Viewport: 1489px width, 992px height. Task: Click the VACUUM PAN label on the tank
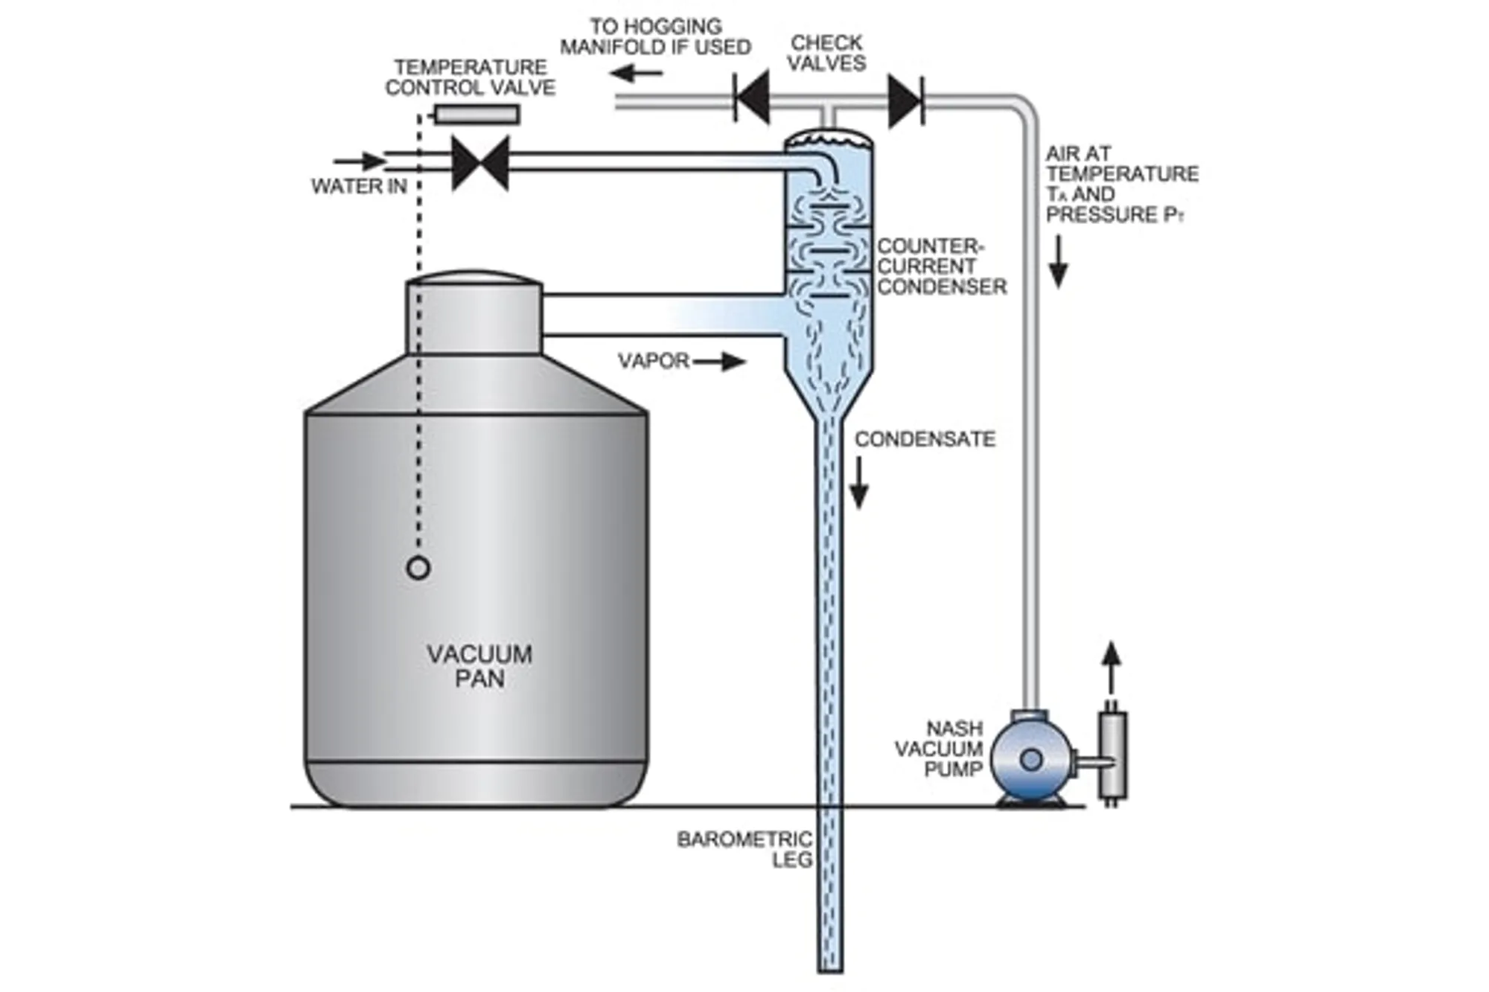[x=479, y=666]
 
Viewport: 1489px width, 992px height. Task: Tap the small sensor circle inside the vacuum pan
[x=418, y=568]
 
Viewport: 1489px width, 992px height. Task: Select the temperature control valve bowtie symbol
[x=480, y=162]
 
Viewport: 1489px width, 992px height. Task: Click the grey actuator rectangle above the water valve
[x=476, y=114]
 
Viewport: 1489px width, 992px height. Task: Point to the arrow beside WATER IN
[x=360, y=161]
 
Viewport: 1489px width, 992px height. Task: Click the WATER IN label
[x=359, y=186]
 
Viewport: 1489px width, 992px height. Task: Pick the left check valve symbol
[x=752, y=97]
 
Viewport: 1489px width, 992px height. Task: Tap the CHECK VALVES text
[x=826, y=53]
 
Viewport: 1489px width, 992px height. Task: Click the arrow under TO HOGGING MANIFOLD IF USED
[x=637, y=73]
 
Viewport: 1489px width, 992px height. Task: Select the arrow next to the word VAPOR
[x=719, y=362]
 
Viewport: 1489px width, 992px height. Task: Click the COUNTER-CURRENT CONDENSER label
[x=941, y=266]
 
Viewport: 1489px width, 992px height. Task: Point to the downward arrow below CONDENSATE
[x=859, y=483]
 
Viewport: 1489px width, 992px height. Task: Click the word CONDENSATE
[x=925, y=439]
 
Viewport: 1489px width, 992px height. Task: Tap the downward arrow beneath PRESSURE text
[x=1058, y=262]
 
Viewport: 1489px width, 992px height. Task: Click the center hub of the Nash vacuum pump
[x=1031, y=760]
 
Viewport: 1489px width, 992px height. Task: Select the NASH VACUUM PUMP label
[x=940, y=749]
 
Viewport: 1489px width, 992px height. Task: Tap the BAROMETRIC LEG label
[x=744, y=849]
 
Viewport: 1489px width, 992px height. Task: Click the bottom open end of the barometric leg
[x=830, y=967]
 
